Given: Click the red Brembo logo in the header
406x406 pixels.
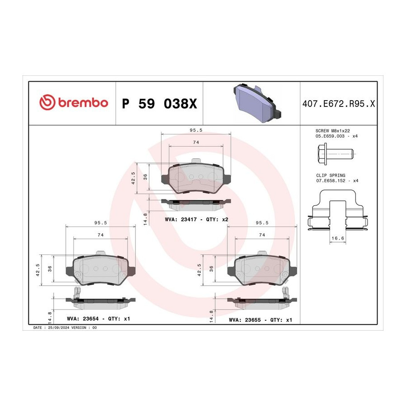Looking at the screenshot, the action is point(74,102).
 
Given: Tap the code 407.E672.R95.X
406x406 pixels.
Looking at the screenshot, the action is point(338,104).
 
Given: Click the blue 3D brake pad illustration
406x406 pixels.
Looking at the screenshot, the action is point(257,103).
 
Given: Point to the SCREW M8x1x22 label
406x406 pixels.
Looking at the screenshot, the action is point(332,131).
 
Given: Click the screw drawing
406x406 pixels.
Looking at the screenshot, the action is point(336,154).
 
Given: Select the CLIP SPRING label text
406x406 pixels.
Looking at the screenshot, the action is point(331,175).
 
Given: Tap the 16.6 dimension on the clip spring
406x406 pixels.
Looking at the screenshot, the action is point(337,238).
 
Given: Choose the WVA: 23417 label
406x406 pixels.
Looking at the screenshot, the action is point(181,219).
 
